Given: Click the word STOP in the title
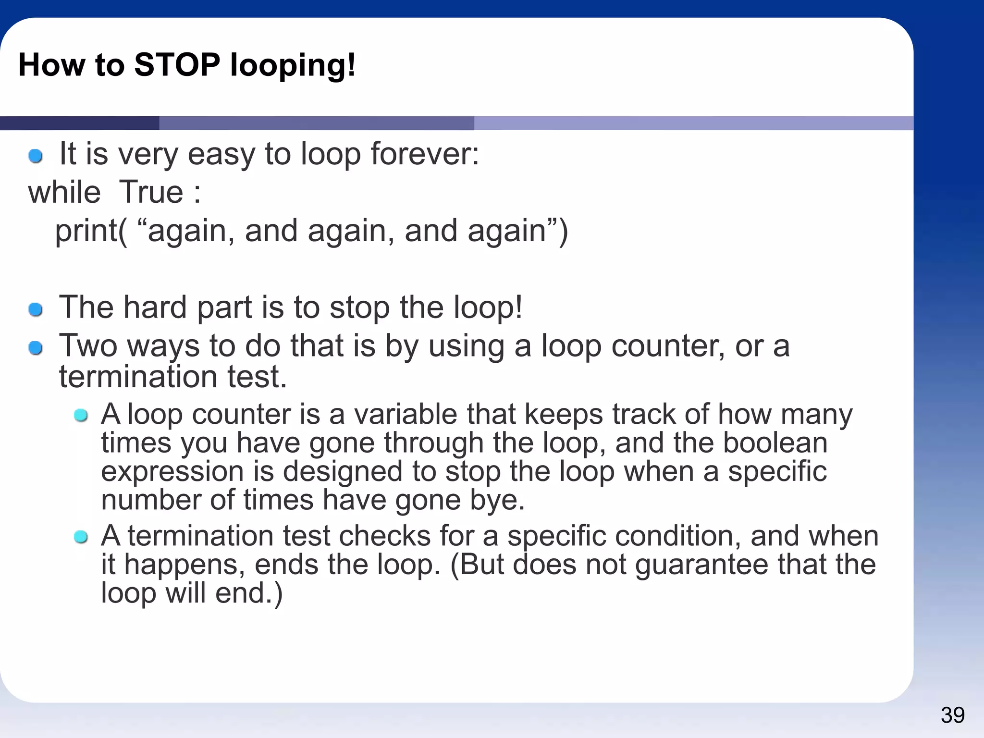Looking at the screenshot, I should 177,65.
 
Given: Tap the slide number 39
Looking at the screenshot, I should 952,715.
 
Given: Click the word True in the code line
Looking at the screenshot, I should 151,192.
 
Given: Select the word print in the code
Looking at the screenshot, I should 86,231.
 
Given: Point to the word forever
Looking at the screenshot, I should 424,154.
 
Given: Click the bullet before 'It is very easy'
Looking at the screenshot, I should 36,156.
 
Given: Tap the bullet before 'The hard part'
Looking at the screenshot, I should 36,309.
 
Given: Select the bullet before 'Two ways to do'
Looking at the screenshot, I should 36,347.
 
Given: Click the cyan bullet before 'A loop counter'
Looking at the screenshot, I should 81,415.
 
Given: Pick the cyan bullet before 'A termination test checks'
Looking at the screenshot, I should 81,537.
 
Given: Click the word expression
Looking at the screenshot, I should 172,471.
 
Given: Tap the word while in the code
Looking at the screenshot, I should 64,192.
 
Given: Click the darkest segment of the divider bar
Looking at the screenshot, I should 79,123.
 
